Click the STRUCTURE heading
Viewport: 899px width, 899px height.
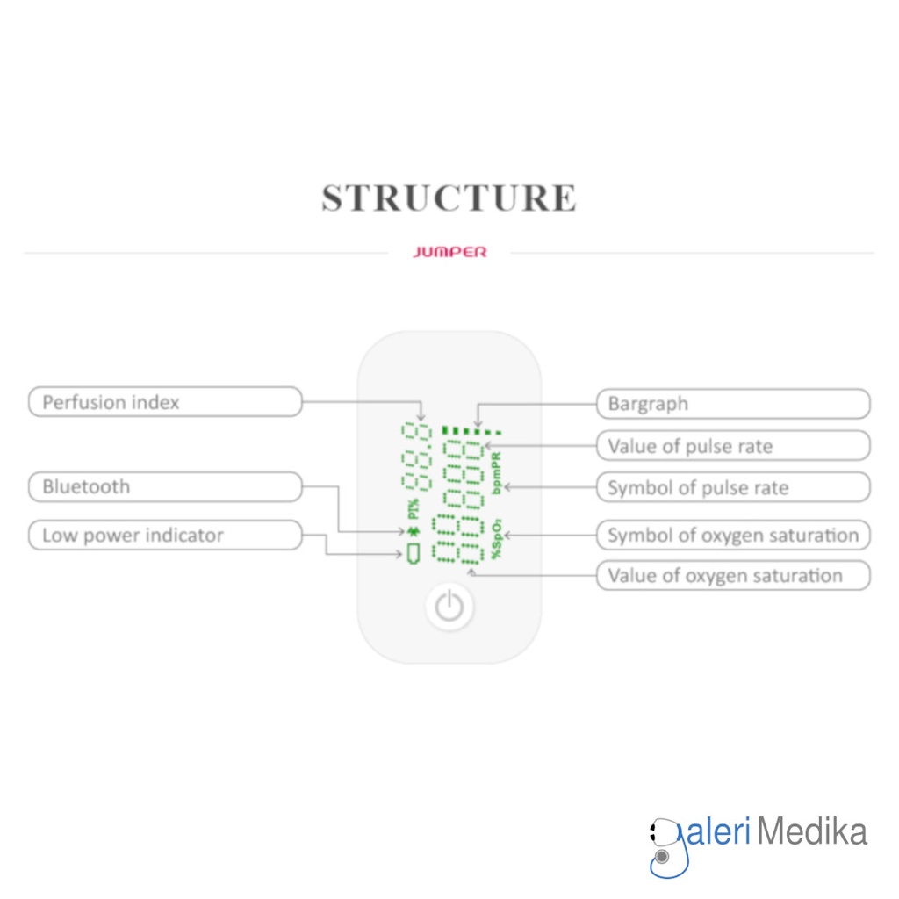pos(449,198)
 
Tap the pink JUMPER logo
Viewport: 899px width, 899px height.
pos(449,252)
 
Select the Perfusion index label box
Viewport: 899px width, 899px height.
pos(165,403)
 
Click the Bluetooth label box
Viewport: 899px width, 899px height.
pos(165,486)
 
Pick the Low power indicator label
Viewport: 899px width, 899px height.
pos(165,536)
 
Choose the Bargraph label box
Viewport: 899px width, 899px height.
pos(733,404)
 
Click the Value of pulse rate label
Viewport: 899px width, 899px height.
pos(733,446)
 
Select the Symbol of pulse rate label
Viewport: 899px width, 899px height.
pos(733,487)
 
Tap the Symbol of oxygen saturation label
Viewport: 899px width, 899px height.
pos(733,535)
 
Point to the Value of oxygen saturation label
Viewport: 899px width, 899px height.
pos(733,576)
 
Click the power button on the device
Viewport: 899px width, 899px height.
pos(449,607)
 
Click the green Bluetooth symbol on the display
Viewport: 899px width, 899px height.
pos(414,532)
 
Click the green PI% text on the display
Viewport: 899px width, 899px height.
pos(414,509)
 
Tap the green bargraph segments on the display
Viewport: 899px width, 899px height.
pos(471,431)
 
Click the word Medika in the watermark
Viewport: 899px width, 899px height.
pos(812,831)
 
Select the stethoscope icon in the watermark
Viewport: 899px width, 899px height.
pos(665,848)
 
